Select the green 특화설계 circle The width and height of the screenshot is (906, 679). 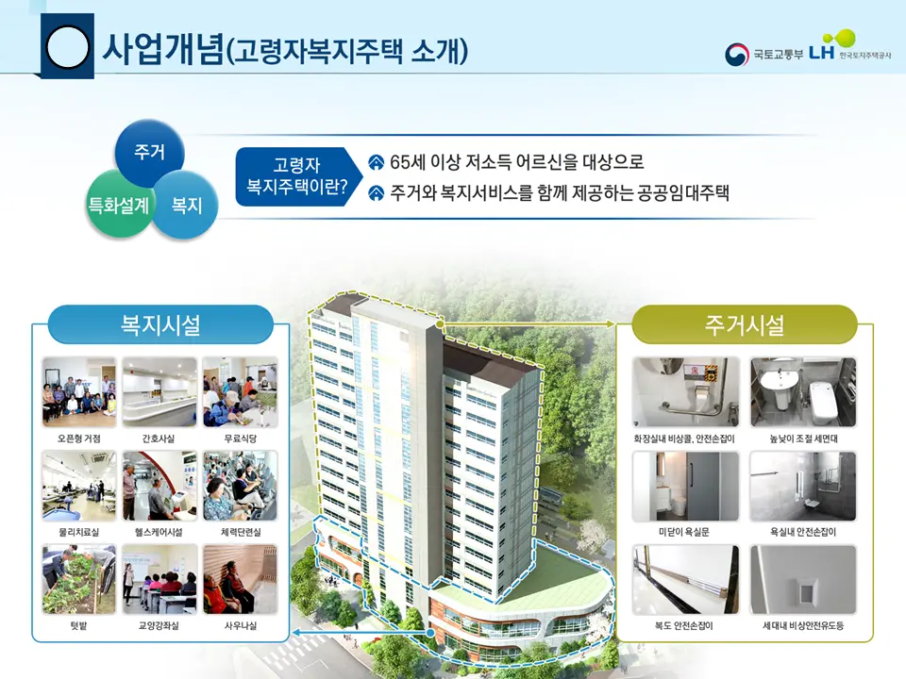pyautogui.click(x=118, y=204)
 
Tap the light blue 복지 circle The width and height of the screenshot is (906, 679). pyautogui.click(x=186, y=204)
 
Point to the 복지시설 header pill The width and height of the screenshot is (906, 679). pyautogui.click(x=159, y=325)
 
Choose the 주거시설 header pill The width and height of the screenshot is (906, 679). pyautogui.click(x=744, y=325)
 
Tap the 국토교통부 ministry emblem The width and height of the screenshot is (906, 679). pyautogui.click(x=737, y=55)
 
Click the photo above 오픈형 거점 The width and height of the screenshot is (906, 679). pyautogui.click(x=79, y=392)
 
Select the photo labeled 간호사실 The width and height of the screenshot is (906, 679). pyautogui.click(x=159, y=392)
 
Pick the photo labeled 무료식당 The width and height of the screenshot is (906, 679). pyautogui.click(x=240, y=392)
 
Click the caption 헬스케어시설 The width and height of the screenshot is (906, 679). pyautogui.click(x=159, y=532)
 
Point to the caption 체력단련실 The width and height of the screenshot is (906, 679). pyautogui.click(x=240, y=532)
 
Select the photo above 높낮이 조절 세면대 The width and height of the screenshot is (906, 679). pyautogui.click(x=802, y=392)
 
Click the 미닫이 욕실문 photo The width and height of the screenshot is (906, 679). pyautogui.click(x=685, y=486)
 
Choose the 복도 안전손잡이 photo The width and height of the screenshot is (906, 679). pyautogui.click(x=685, y=579)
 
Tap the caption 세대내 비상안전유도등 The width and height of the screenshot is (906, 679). pyautogui.click(x=802, y=625)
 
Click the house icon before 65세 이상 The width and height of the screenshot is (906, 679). pyautogui.click(x=376, y=162)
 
